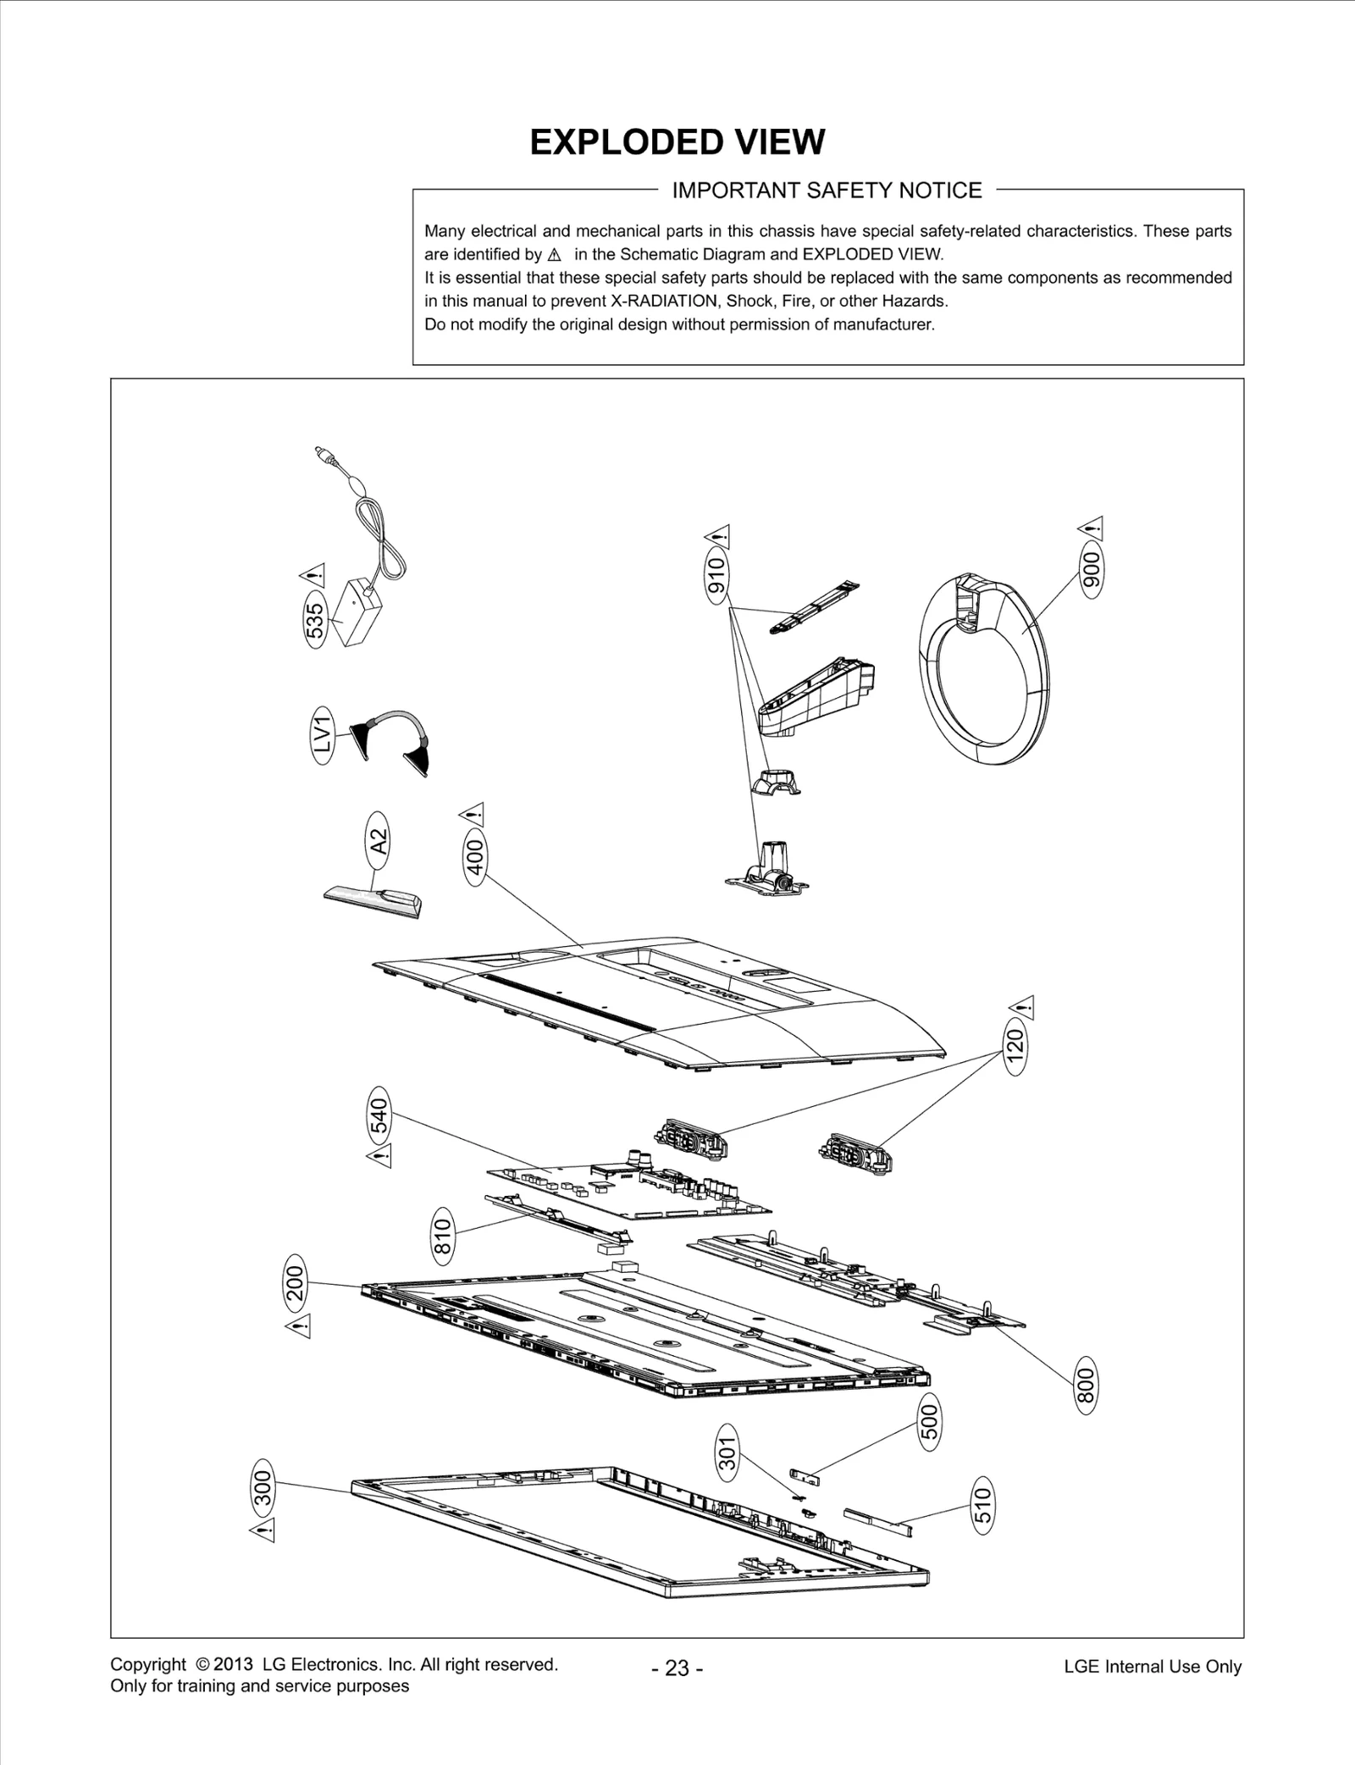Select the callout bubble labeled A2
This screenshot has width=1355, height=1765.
(x=379, y=841)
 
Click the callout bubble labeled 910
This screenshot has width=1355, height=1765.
(x=717, y=578)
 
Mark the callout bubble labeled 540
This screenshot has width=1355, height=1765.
(x=380, y=1114)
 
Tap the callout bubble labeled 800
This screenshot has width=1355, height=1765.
(x=1086, y=1386)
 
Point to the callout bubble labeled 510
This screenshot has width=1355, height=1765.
(x=982, y=1506)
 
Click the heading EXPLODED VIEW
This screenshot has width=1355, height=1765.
(x=677, y=142)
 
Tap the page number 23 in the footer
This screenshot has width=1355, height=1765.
(x=677, y=1668)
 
